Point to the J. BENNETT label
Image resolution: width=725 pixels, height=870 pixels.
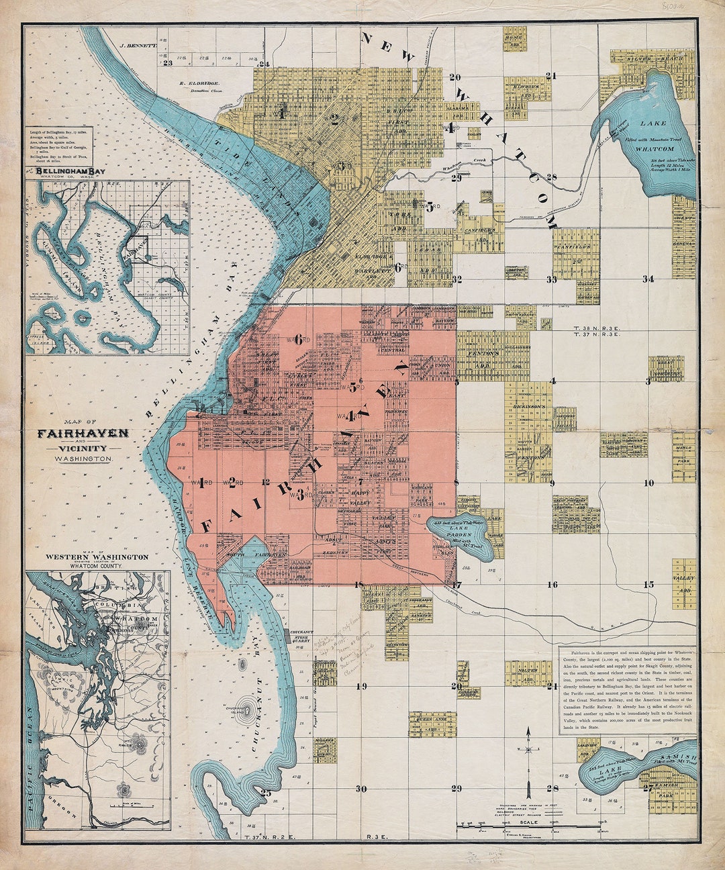click(x=138, y=46)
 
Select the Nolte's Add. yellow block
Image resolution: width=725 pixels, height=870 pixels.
click(x=528, y=672)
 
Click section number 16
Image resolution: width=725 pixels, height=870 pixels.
click(x=552, y=585)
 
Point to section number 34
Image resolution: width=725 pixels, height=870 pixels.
click(x=648, y=279)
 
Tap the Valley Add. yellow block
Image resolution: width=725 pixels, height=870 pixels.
click(x=685, y=583)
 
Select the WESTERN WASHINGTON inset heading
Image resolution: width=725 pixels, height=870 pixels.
click(x=97, y=557)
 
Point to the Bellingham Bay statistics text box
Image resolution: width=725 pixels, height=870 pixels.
click(x=64, y=146)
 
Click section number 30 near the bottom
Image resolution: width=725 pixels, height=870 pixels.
click(x=361, y=789)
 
